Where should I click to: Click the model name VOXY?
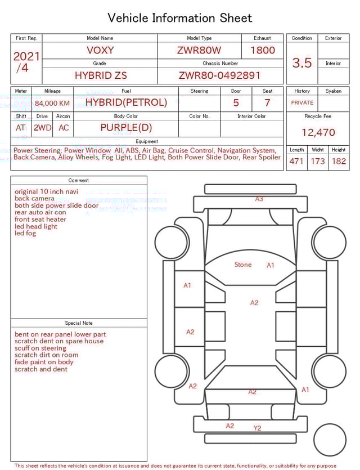coord(100,50)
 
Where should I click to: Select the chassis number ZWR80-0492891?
coord(219,75)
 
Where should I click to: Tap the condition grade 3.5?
coord(301,63)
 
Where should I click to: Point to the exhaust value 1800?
coord(262,50)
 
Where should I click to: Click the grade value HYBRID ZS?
coord(101,75)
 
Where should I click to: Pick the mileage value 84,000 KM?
coord(52,103)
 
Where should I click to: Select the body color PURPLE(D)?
coord(126,127)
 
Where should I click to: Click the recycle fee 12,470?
coord(318,133)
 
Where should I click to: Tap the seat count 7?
coord(267,102)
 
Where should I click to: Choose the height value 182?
coord(339,162)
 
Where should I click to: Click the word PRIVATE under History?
coord(302,102)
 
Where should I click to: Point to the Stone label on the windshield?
coord(243,265)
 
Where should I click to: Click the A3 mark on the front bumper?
coord(259,199)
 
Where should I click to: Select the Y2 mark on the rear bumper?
coord(257,428)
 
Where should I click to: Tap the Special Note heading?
coord(79,323)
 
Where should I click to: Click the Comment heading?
coord(79,180)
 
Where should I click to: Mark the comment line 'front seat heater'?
coord(40,220)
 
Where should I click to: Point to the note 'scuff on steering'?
coord(40,348)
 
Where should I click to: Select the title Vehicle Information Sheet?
coord(180,18)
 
